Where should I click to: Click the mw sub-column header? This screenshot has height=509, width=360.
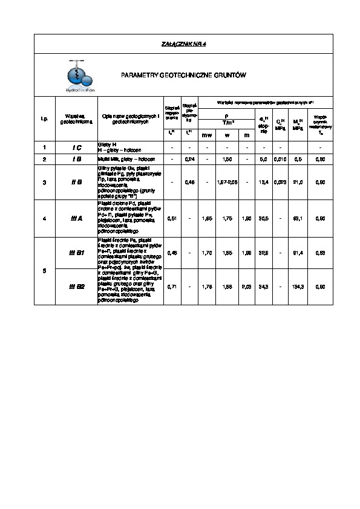coord(206,135)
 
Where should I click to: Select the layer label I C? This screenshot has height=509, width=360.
coord(77,147)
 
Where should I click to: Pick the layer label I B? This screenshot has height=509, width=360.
coord(77,158)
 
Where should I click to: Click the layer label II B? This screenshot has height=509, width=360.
coord(77,181)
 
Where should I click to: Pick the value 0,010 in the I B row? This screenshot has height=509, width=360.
coord(280,158)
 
